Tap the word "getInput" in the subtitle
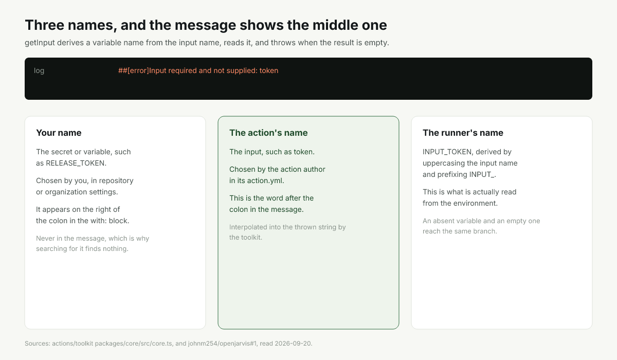(40, 43)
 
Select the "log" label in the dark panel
(39, 70)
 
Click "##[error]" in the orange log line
(134, 70)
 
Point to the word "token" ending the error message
(269, 70)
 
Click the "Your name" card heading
(59, 133)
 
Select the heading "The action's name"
(268, 133)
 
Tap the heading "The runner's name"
(463, 133)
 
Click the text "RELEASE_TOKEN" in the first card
(75, 163)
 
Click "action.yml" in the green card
(265, 181)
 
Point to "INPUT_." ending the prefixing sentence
(483, 175)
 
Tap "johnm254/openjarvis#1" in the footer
(222, 344)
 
